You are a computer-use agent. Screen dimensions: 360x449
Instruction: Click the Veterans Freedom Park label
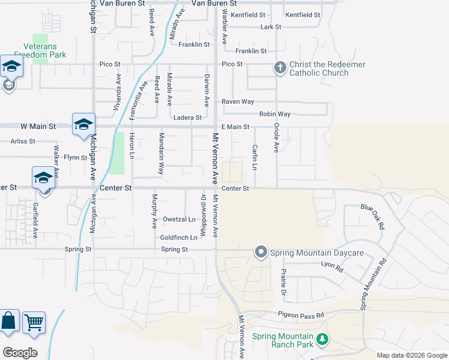pos(40,49)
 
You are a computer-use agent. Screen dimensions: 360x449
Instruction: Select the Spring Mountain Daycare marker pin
pos(261,252)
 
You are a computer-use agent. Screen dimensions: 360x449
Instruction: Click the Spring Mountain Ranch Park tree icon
pos(323,340)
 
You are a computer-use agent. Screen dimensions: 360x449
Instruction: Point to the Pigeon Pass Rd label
pos(300,314)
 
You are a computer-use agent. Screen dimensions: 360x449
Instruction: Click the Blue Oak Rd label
pos(372,216)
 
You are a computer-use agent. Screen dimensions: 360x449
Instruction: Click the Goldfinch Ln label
pos(178,238)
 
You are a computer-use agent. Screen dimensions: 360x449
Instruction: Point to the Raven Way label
pos(238,102)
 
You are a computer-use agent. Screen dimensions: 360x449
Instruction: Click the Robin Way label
pos(274,114)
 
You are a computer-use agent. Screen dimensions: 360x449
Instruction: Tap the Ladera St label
pos(187,118)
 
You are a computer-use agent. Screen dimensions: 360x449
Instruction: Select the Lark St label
pos(271,27)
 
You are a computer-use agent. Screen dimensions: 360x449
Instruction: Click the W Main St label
pos(38,127)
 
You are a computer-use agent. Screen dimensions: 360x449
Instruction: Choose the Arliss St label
pos(23,142)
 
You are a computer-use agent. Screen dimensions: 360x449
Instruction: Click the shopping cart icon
pos(34,323)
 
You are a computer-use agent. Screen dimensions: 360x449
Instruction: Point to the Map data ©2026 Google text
pos(412,355)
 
